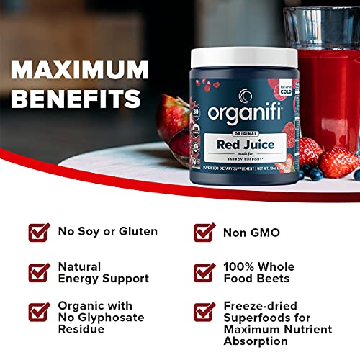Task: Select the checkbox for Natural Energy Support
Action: click(40, 273)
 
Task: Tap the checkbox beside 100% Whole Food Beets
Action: click(204, 273)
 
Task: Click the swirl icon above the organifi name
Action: click(245, 94)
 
